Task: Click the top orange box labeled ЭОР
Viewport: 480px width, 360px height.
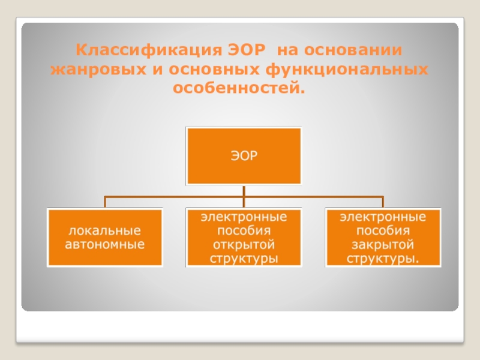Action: (244, 156)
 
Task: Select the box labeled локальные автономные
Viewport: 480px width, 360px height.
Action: (106, 238)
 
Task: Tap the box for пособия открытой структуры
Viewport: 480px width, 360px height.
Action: (244, 238)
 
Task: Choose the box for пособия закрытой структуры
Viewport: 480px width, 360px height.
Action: (383, 238)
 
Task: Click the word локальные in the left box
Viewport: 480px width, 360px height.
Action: (105, 231)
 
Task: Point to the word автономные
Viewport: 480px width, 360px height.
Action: (105, 245)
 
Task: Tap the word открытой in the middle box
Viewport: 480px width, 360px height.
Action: (244, 245)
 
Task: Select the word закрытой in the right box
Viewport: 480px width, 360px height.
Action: (383, 245)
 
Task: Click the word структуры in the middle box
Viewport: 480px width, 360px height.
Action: (244, 259)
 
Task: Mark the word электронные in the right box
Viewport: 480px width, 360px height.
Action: (383, 217)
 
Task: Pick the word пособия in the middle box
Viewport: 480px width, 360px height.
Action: (244, 231)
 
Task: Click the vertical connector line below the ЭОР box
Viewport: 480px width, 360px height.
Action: (244, 191)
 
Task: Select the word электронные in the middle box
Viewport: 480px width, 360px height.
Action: (244, 217)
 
